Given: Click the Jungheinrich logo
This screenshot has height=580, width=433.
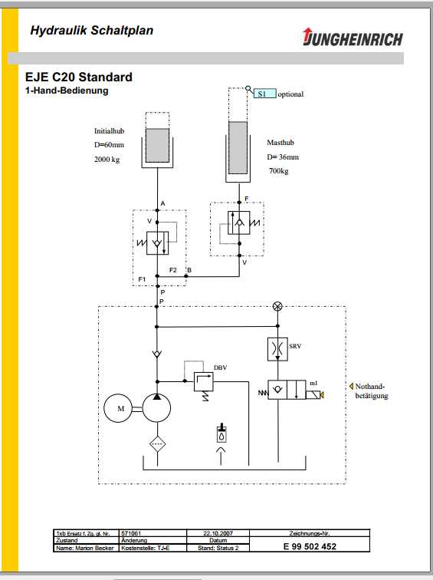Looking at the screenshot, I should [353, 38].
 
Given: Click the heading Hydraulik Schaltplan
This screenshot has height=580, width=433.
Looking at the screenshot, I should [91, 31].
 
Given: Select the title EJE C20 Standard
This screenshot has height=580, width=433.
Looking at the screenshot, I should [79, 77].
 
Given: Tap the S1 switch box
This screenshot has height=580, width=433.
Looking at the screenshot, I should [264, 94].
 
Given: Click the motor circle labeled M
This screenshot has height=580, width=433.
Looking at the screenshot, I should [120, 408].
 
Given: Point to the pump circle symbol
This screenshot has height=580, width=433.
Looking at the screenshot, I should [157, 408].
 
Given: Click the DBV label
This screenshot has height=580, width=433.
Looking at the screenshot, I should [220, 367].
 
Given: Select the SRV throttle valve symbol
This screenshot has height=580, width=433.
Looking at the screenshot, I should [277, 349].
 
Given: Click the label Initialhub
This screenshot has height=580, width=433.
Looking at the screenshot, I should [109, 130].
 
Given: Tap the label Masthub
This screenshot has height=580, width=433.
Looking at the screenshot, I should [280, 143].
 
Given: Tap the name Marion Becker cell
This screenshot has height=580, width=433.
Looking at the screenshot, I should [85, 548].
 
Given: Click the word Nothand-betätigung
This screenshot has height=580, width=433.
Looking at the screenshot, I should [371, 391].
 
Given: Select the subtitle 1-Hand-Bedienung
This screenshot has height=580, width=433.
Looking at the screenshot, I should [67, 91].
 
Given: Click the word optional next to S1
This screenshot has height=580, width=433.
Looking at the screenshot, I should [290, 94].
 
